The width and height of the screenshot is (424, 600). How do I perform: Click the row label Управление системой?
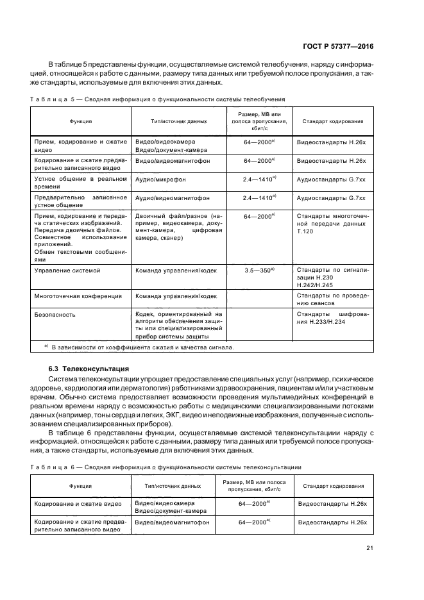[67, 271]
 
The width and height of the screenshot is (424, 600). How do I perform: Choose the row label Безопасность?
[55, 314]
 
